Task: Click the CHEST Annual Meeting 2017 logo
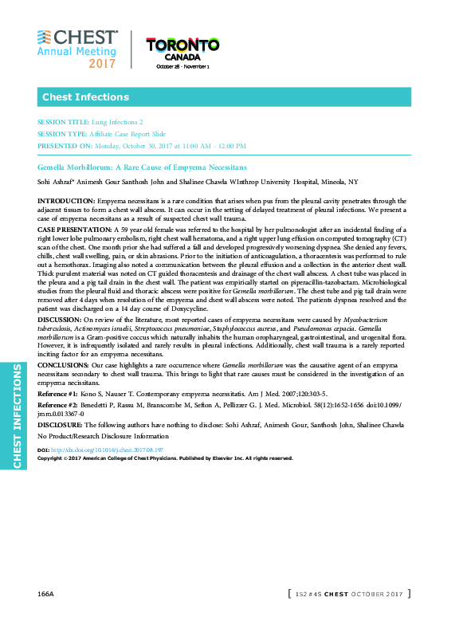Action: pyautogui.click(x=77, y=49)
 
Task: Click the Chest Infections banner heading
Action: pyautogui.click(x=85, y=97)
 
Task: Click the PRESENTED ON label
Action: pyautogui.click(x=65, y=146)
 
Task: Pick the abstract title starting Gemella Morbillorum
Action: pyautogui.click(x=142, y=167)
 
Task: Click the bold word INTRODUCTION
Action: pyautogui.click(x=66, y=200)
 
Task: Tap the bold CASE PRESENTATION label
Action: pyautogui.click(x=74, y=229)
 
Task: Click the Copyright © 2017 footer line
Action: pyautogui.click(x=165, y=458)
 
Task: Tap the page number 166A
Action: pyautogui.click(x=45, y=595)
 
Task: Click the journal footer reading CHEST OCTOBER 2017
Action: pyautogui.click(x=349, y=595)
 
